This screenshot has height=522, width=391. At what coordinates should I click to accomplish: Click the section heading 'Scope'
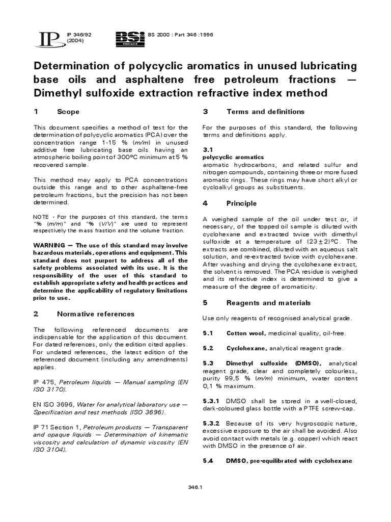tap(68, 112)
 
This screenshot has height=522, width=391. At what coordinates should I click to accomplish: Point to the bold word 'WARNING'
tap(51, 245)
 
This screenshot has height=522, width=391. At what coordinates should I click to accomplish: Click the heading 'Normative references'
tap(96, 314)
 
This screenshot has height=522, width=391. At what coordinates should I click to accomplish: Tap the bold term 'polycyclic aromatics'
tap(233, 158)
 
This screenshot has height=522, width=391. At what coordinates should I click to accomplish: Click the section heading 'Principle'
tap(242, 203)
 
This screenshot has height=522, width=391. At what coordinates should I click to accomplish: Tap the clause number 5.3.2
tap(211, 424)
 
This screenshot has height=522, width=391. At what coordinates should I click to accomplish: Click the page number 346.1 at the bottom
tap(195, 487)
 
